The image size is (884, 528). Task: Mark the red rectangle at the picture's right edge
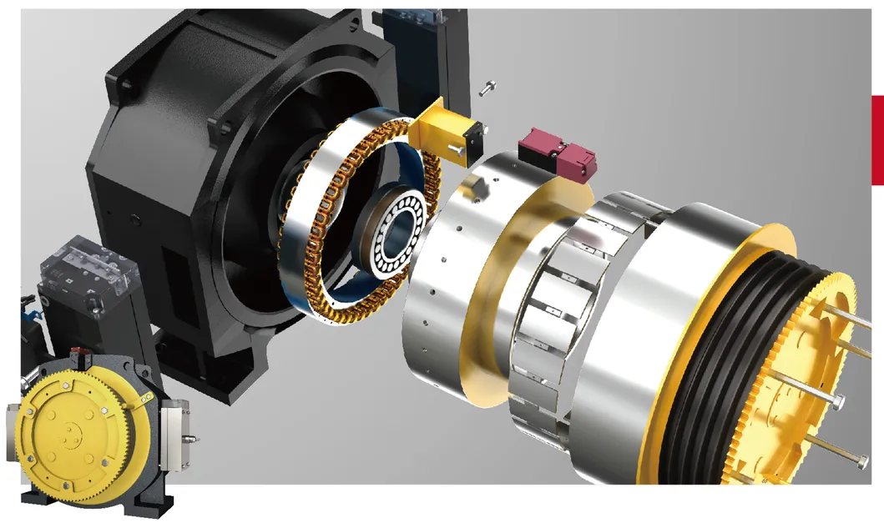coord(877,139)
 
